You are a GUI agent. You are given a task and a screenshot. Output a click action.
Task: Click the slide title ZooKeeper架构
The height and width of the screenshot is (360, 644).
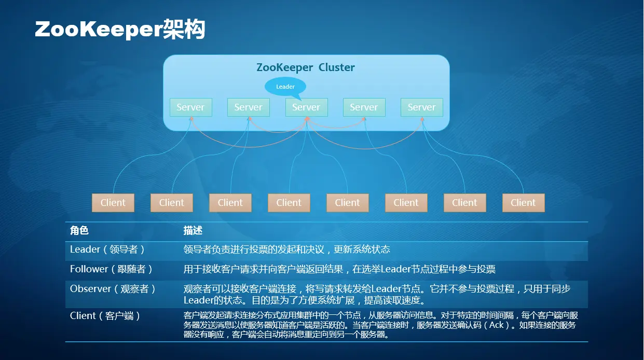[120, 30]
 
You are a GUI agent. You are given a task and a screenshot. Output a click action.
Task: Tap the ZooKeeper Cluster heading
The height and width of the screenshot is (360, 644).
[306, 67]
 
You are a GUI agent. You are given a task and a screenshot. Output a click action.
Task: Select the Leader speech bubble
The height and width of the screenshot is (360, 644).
[285, 87]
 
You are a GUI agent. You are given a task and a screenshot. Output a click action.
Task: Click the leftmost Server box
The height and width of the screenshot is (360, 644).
[190, 107]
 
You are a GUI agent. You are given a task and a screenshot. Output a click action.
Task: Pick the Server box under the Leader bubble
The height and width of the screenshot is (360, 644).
[306, 107]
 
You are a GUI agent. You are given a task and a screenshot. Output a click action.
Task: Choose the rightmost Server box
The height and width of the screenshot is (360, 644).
[421, 107]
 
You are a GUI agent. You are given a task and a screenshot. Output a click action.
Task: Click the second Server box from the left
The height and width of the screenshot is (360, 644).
[248, 107]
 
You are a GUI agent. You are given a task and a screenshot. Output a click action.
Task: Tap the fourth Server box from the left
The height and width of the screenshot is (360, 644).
[364, 107]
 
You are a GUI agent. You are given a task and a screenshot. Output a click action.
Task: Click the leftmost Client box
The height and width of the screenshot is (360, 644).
[113, 203]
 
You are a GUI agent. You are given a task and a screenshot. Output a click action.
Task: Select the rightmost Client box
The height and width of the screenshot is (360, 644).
[523, 203]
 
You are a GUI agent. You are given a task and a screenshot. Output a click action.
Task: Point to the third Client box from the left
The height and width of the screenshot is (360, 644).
[230, 203]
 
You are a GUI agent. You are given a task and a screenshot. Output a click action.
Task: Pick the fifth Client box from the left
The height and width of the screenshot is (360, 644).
[348, 203]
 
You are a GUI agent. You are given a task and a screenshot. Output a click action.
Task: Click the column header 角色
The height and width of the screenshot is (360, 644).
[79, 230]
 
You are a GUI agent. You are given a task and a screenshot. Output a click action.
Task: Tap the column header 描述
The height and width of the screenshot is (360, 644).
[193, 230]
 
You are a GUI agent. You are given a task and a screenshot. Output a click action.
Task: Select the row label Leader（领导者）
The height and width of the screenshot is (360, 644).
[107, 250]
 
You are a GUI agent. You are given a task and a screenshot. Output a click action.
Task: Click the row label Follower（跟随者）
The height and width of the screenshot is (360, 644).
[112, 269]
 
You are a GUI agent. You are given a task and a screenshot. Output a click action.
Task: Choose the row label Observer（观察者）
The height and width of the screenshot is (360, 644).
[113, 289]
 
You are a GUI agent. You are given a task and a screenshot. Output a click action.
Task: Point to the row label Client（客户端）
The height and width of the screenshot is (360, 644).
[105, 316]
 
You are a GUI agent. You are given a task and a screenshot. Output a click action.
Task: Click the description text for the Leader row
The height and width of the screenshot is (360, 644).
[286, 250]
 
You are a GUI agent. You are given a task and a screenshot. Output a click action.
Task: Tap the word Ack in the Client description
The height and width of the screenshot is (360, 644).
[497, 325]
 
